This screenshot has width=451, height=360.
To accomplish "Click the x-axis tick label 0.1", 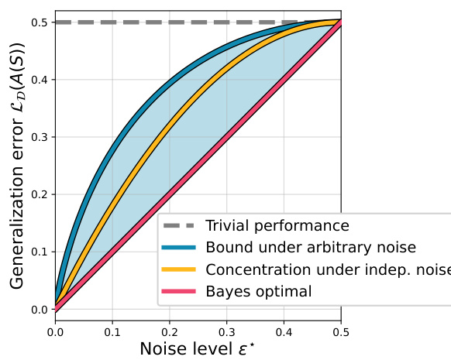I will (x=112, y=331).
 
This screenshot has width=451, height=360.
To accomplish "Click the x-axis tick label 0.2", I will (x=170, y=331).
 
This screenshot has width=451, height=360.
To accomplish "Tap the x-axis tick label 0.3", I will (x=226, y=331).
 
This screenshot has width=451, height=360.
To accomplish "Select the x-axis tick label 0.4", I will (x=284, y=331).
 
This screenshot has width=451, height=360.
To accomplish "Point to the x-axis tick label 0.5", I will (x=341, y=331).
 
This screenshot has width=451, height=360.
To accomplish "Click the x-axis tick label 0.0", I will (x=55, y=331).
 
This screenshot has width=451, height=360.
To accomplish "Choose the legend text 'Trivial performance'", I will (x=277, y=226).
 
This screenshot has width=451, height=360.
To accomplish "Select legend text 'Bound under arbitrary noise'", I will (x=310, y=248).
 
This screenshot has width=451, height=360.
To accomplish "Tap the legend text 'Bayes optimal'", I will (x=258, y=291).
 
